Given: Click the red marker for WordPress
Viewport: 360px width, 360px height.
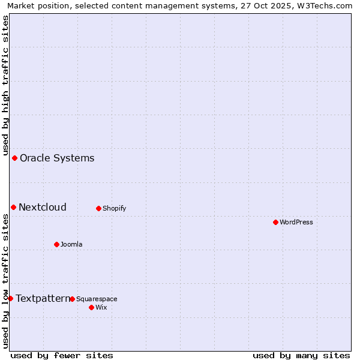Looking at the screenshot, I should pyautogui.click(x=275, y=222).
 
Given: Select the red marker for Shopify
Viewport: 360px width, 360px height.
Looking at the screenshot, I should pyautogui.click(x=98, y=208).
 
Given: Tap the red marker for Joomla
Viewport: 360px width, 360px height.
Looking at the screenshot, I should pyautogui.click(x=56, y=244).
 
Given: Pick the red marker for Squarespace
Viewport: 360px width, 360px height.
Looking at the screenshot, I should pyautogui.click(x=72, y=299).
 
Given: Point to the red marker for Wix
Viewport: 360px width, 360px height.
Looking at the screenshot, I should pyautogui.click(x=91, y=307).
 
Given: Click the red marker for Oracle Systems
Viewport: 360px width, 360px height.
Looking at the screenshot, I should pyautogui.click(x=14, y=158).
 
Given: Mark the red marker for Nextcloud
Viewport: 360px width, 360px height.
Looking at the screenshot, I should pyautogui.click(x=13, y=207).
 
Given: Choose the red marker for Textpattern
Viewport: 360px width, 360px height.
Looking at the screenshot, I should pyautogui.click(x=10, y=298).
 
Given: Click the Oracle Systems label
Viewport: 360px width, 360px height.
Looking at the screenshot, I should pyautogui.click(x=57, y=158).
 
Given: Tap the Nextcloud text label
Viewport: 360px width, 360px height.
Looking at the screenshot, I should pyautogui.click(x=43, y=208).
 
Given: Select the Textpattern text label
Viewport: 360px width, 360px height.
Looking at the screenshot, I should pyautogui.click(x=43, y=298).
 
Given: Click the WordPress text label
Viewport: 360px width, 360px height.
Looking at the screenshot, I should pyautogui.click(x=296, y=222).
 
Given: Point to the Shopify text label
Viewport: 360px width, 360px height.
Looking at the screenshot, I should pyautogui.click(x=114, y=209).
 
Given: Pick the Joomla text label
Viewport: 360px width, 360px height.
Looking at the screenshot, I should pyautogui.click(x=71, y=244).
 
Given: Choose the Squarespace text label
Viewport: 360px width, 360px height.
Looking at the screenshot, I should pyautogui.click(x=97, y=299).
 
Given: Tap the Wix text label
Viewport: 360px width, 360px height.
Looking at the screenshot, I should pyautogui.click(x=101, y=307).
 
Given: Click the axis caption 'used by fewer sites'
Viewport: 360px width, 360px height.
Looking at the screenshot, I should pyautogui.click(x=62, y=355).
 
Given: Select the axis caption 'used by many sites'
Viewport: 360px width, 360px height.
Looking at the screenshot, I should pyautogui.click(x=301, y=355).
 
